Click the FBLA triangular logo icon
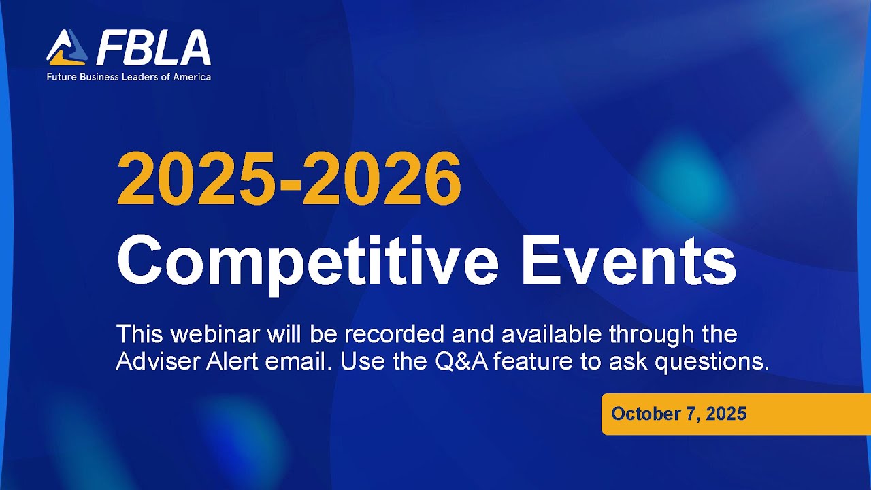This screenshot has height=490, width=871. (67, 48)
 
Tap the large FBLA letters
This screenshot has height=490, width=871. (153, 48)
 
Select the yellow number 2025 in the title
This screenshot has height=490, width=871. (198, 178)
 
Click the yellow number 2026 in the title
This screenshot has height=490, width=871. (382, 178)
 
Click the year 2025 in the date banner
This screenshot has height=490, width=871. (726, 414)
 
